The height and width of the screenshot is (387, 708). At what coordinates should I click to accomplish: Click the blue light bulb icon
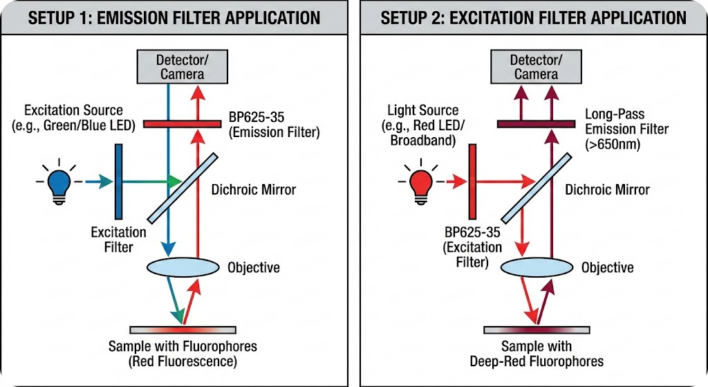coord(60,183)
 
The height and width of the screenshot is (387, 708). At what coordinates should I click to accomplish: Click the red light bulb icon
coord(420,183)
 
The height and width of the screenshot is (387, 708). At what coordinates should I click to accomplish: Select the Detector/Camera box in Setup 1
coord(180,66)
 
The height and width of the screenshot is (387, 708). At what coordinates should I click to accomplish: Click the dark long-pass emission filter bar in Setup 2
coord(536,124)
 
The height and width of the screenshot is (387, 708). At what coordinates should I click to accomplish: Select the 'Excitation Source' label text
coord(73,111)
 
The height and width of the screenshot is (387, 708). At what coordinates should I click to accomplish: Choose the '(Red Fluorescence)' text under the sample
coord(183,361)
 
